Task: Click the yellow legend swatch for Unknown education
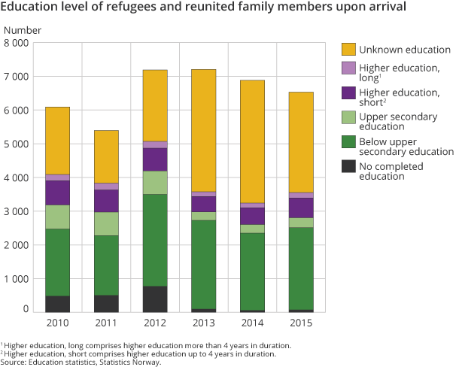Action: click(348, 50)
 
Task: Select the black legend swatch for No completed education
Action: click(348, 165)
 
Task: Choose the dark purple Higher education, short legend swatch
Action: click(348, 93)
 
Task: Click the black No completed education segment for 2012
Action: click(155, 299)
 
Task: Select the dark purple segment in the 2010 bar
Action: click(57, 193)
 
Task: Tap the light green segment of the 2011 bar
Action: click(106, 223)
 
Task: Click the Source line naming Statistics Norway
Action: click(81, 362)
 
